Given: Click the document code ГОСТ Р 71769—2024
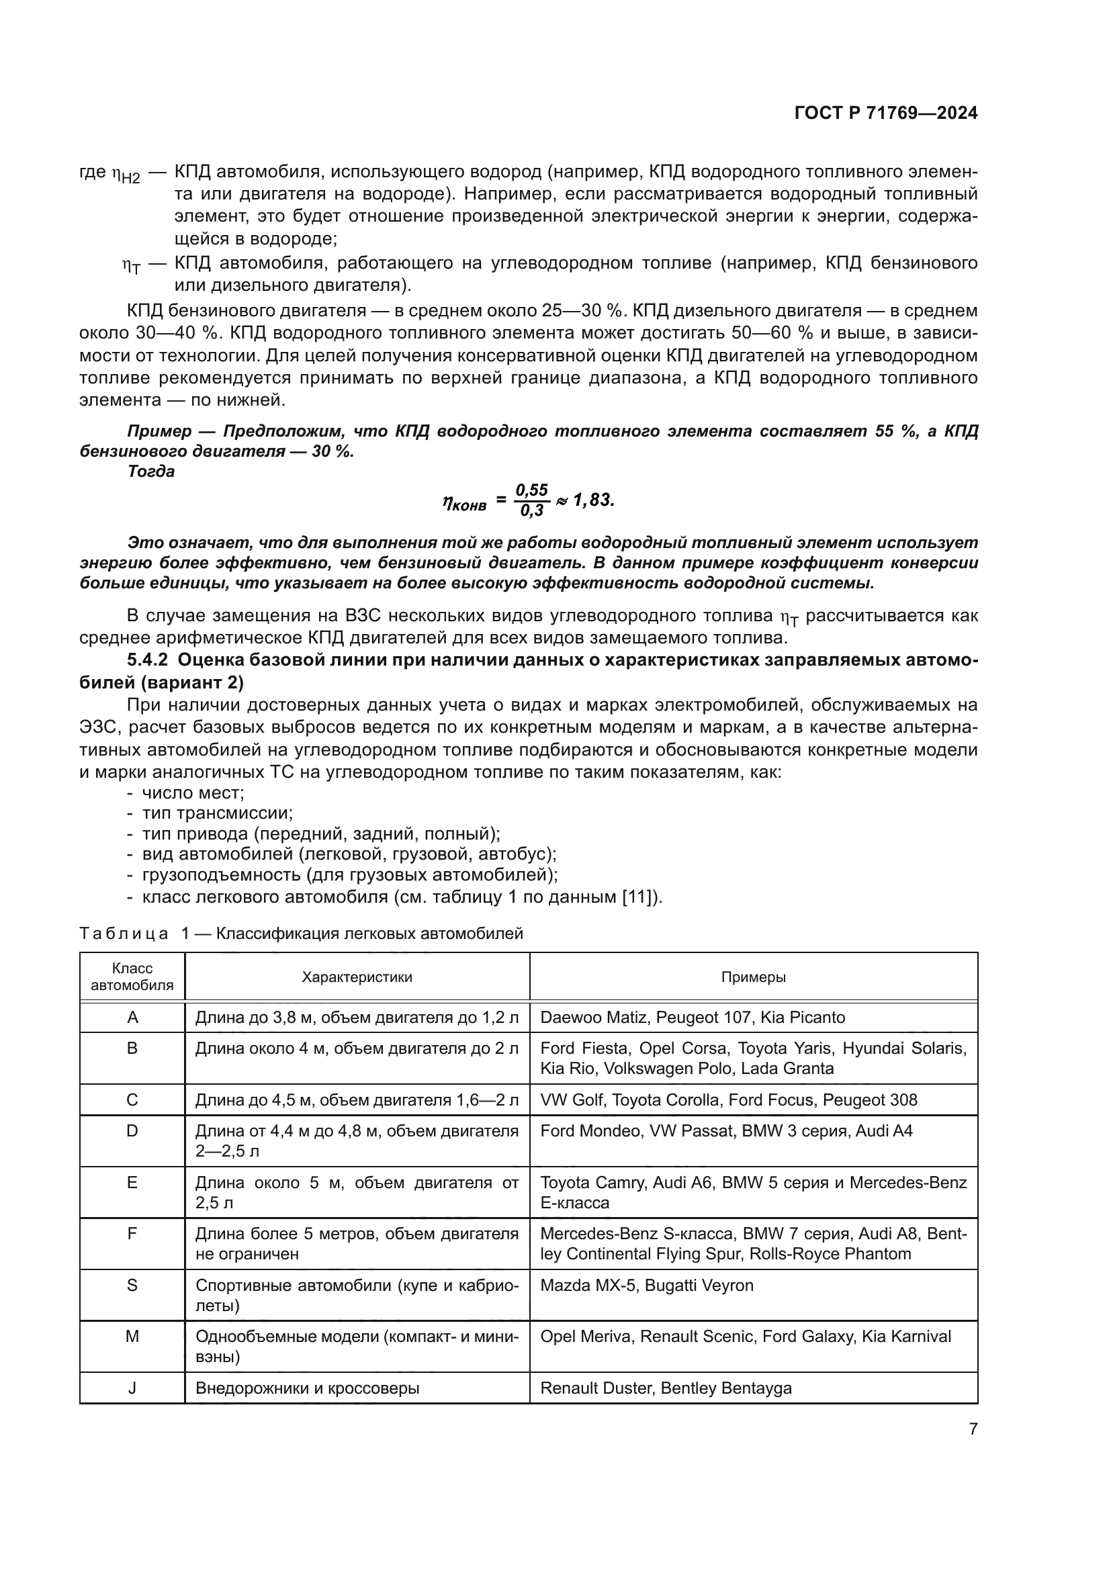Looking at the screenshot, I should (885, 114).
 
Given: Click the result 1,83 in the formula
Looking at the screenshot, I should (593, 500).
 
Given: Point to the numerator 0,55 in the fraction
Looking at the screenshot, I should (531, 490).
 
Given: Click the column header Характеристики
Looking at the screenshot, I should (357, 977).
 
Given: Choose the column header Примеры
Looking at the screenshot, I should (753, 977).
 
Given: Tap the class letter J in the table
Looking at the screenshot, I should (132, 1388).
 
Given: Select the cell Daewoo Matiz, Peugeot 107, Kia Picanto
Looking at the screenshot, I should (693, 1018).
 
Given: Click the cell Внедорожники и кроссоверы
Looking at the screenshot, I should (307, 1388).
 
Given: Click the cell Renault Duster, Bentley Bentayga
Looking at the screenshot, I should (666, 1388).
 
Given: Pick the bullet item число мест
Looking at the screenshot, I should (193, 793).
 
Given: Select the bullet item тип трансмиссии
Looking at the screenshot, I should (217, 813).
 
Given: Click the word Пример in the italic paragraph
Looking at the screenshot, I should (159, 431).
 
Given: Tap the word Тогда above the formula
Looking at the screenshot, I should (150, 472).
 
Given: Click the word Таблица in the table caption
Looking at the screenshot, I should (124, 934).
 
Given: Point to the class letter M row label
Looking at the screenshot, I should (132, 1337).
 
